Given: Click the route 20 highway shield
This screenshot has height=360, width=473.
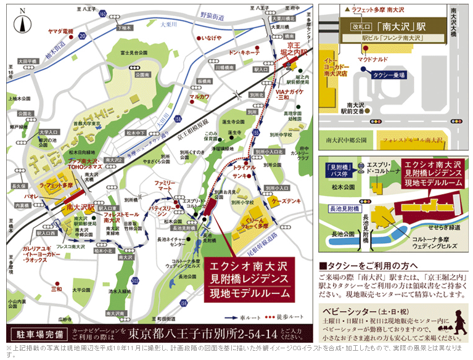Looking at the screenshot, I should (83, 37).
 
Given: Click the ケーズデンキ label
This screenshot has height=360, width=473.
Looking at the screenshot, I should (286, 202).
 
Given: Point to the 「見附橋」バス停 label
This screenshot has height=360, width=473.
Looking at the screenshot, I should (339, 170).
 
